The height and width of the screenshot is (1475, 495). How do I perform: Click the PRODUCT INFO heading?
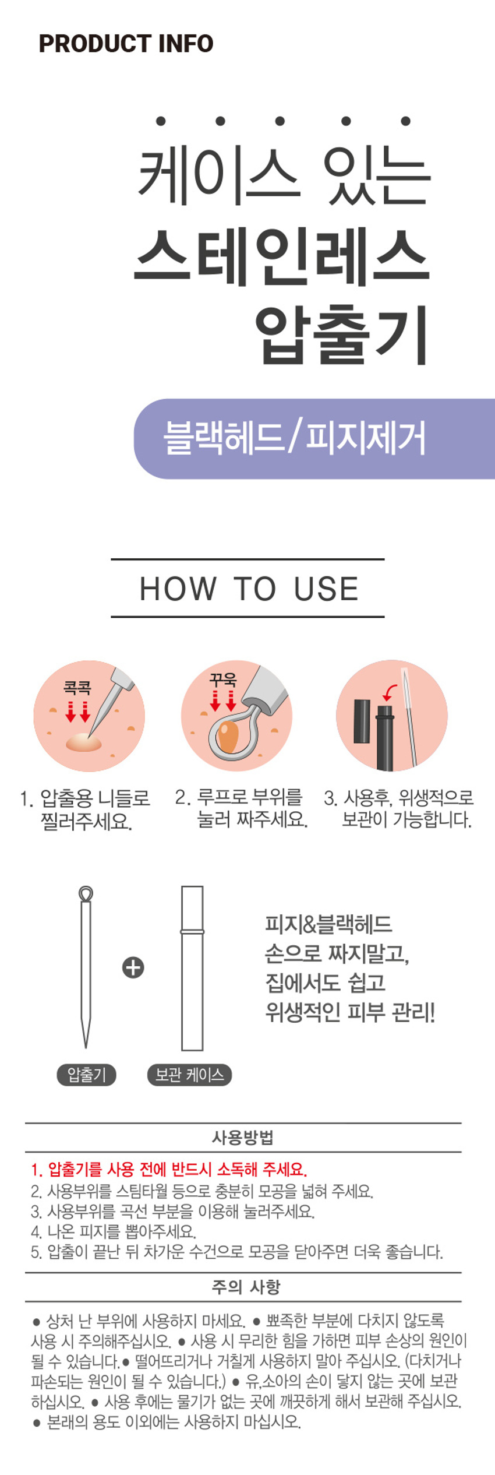pos(126,44)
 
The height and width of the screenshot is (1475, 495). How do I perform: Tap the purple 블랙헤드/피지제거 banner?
pos(314,439)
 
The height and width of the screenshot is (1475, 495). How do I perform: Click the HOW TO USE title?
pos(249,589)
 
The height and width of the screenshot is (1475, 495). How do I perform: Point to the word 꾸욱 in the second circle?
pos(223,679)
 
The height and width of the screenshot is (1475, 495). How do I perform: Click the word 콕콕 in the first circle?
pos(77,688)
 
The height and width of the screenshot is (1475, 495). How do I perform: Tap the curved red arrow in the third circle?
pos(390,691)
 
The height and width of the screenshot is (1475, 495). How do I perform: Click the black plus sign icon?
pos(133,968)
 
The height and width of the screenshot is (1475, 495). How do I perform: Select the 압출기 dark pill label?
pos(86,1075)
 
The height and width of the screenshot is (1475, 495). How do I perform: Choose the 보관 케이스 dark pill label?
pos(189,1075)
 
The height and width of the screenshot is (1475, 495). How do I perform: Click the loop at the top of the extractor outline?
pos(86,893)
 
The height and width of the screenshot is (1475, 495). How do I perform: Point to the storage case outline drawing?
pos(192,968)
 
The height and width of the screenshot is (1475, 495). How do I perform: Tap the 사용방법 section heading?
pos(243,1138)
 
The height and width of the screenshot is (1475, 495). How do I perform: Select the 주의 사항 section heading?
pos(246,1287)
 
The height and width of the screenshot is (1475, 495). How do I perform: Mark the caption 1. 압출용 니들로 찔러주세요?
pos(85,809)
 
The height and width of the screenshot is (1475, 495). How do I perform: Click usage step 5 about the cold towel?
pos(236,1251)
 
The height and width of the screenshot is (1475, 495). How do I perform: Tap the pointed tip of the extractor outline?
pos(86,1048)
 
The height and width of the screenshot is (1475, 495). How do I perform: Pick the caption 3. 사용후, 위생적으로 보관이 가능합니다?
pos(399,808)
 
